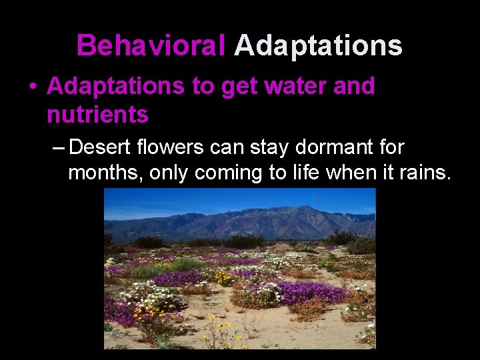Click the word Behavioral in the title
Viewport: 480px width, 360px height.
pos(151,46)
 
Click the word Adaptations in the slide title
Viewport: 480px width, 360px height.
pos(318,46)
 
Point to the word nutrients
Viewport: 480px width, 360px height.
pos(97,115)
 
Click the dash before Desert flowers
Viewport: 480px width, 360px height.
pos(57,146)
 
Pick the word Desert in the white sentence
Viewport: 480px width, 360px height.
pos(101,146)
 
